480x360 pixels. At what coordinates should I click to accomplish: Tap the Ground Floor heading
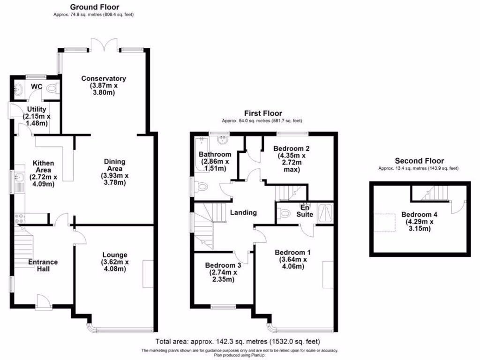pos(94,7)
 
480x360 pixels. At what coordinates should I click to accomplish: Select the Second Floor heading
pos(419,161)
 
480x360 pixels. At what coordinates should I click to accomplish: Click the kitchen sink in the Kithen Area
pos(19,177)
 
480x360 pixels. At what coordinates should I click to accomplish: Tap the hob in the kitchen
pos(20,218)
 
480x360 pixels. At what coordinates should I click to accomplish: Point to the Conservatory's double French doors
pos(103,45)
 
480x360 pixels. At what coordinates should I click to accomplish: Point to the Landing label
pos(243,212)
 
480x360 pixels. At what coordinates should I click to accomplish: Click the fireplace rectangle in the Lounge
pos(148,274)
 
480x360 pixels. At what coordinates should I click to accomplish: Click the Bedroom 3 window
pos(223,307)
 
